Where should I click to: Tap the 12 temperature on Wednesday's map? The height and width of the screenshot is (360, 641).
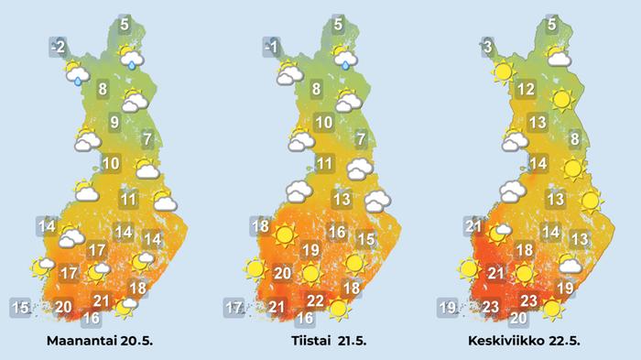[x=525, y=90]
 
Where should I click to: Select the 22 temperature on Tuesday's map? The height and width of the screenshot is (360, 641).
[x=314, y=301]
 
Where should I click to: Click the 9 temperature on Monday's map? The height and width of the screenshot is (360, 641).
[x=114, y=123]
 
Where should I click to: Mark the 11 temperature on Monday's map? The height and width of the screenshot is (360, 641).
[x=128, y=199]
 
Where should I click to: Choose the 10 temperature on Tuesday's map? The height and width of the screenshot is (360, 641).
[x=322, y=123]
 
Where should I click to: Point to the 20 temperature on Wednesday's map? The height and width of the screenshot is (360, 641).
[x=517, y=319]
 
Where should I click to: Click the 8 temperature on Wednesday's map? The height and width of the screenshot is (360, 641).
[x=574, y=140]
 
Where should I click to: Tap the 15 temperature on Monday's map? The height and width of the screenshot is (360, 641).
[x=19, y=306]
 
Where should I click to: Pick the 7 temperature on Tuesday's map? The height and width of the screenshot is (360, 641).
[x=361, y=140]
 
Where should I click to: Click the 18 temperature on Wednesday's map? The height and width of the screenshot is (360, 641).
[x=524, y=250]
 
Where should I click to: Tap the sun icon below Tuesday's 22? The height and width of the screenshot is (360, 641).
[x=340, y=309]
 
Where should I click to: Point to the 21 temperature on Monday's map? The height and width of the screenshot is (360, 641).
[x=102, y=301]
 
